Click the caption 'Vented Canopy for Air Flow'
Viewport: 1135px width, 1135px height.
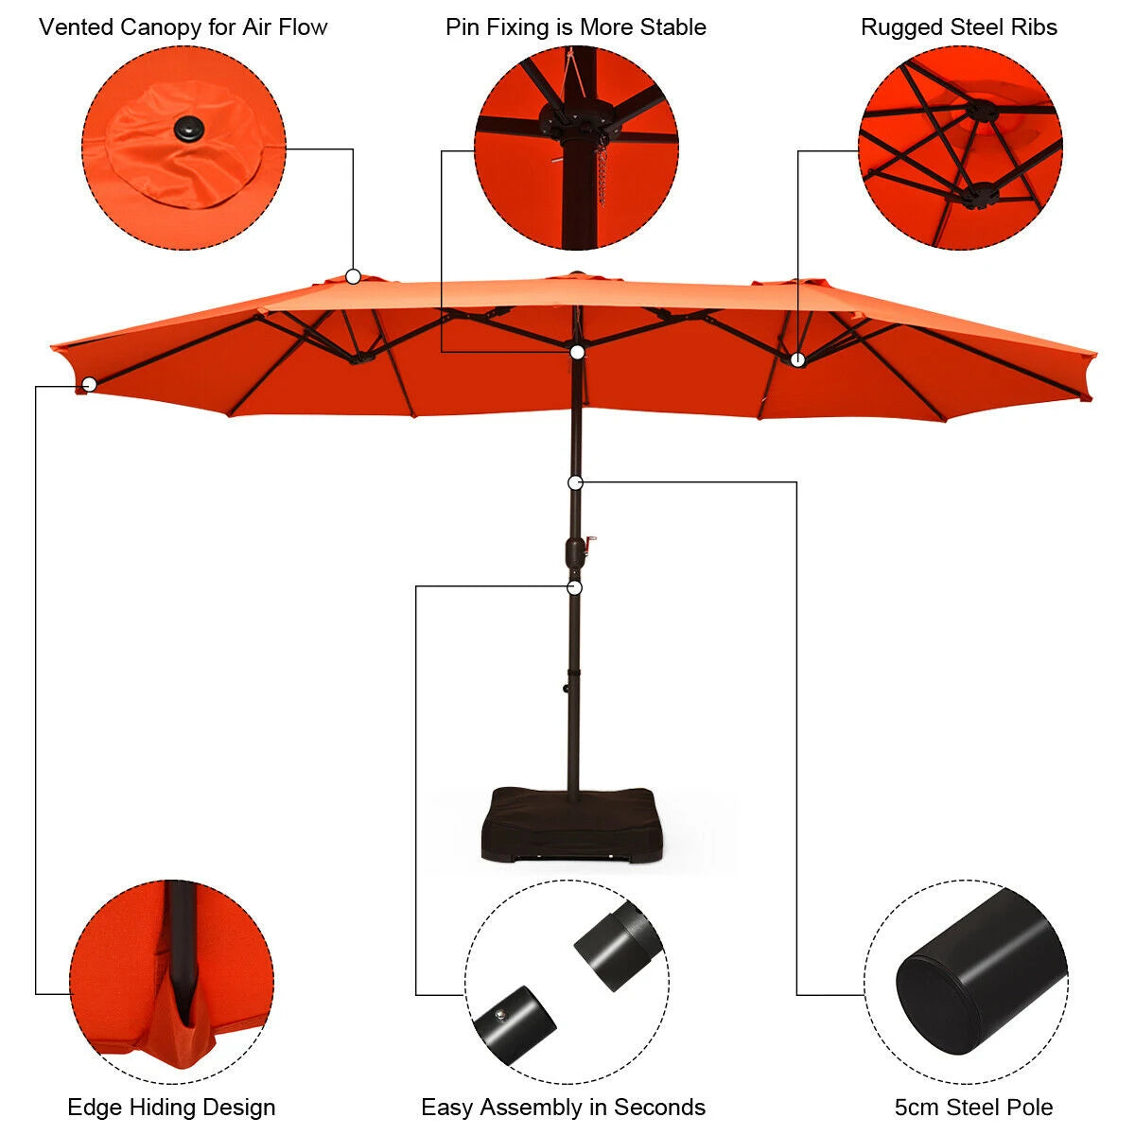(x=183, y=27)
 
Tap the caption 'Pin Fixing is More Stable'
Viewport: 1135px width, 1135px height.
(x=575, y=27)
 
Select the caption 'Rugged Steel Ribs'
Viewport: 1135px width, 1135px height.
(x=959, y=27)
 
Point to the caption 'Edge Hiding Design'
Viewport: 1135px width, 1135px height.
(x=171, y=1108)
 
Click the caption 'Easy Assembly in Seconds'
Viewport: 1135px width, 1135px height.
(x=563, y=1108)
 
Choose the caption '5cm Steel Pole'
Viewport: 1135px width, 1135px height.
(x=973, y=1108)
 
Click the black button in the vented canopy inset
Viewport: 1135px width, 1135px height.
(x=188, y=127)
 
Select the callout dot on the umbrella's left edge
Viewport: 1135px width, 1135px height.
(x=90, y=385)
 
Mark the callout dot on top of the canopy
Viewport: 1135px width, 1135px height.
(x=353, y=276)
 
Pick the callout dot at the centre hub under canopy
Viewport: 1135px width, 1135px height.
(x=577, y=352)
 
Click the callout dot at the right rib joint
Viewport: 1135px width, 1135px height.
(x=797, y=359)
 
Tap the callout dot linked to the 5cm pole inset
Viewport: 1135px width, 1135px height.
(x=575, y=483)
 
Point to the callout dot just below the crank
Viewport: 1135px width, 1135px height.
(x=575, y=587)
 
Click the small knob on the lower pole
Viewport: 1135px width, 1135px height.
(x=566, y=688)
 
